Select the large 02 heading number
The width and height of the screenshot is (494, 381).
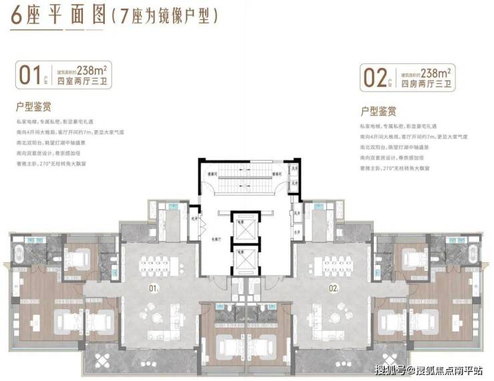(373, 75)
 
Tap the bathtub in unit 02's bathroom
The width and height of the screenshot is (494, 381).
(473, 256)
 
